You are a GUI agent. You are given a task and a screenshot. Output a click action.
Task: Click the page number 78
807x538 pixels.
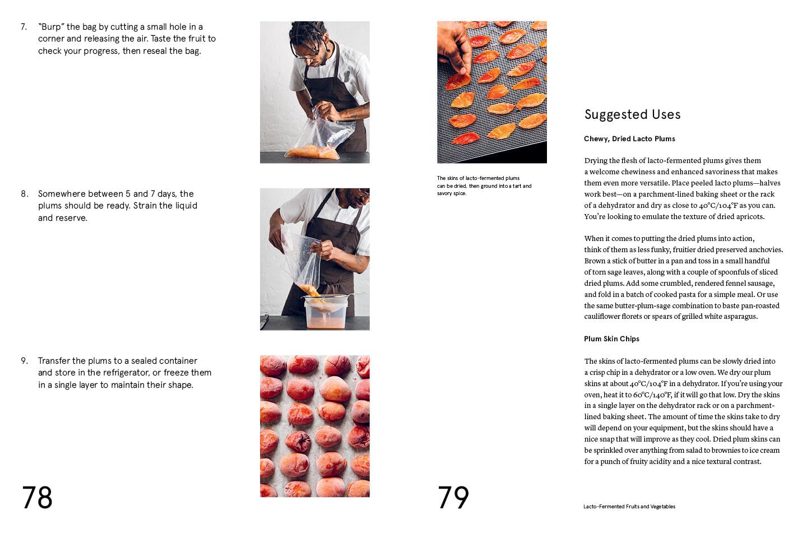(x=37, y=498)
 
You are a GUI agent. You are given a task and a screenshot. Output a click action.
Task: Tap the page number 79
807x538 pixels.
(x=453, y=498)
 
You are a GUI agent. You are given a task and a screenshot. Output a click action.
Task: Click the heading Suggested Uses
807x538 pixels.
(x=632, y=115)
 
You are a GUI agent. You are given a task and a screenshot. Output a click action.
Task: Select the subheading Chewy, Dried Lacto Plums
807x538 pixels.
(x=629, y=139)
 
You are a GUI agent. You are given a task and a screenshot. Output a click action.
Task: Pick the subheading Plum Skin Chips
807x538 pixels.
(x=611, y=339)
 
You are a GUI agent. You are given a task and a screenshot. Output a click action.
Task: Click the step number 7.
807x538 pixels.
(x=24, y=27)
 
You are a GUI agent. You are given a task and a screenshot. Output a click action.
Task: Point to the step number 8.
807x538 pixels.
(x=24, y=194)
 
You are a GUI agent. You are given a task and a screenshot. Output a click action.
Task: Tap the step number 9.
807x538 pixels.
(x=24, y=361)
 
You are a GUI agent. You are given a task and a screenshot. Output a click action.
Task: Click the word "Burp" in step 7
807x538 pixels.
(x=51, y=27)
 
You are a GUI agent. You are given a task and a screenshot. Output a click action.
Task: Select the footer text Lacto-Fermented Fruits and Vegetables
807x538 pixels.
(x=629, y=507)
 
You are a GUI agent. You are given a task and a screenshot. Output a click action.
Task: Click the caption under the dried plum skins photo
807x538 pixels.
(x=484, y=185)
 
